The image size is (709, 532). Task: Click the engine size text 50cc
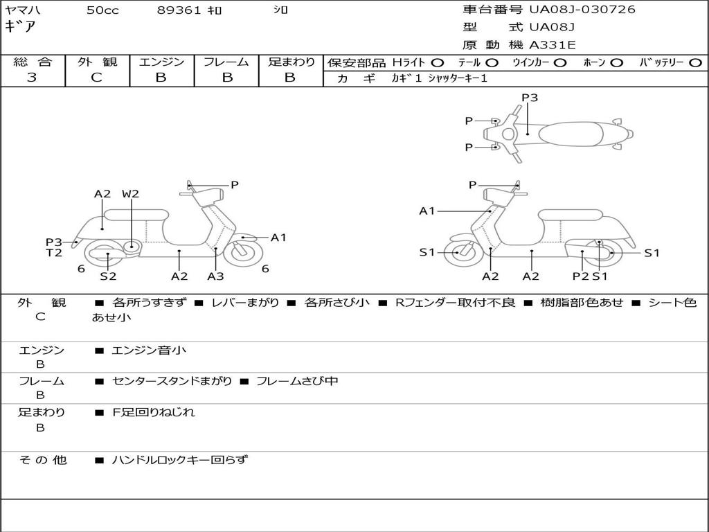pyautogui.click(x=102, y=10)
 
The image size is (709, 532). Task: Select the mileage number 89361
pyautogui.click(x=180, y=10)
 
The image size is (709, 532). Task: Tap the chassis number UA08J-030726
pyautogui.click(x=582, y=9)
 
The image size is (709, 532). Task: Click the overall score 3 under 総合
pyautogui.click(x=32, y=78)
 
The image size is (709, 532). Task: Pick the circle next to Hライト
pyautogui.click(x=437, y=62)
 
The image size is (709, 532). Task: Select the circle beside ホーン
pyautogui.click(x=616, y=62)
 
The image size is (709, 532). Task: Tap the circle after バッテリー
pyautogui.click(x=695, y=62)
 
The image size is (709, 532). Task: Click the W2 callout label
pyautogui.click(x=130, y=194)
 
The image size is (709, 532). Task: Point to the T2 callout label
pyautogui.click(x=54, y=253)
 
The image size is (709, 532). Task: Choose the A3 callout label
pyautogui.click(x=215, y=276)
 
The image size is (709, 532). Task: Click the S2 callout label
pyautogui.click(x=108, y=276)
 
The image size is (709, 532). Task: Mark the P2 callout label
pyautogui.click(x=580, y=276)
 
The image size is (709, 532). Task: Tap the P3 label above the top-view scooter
pyautogui.click(x=530, y=98)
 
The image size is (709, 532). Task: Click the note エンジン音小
pyautogui.click(x=149, y=351)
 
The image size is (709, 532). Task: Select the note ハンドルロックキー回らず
pyautogui.click(x=179, y=459)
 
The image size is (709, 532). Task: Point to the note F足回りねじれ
pyautogui.click(x=154, y=412)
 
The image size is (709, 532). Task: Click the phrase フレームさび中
pyautogui.click(x=297, y=381)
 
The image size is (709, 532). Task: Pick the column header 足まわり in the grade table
pyautogui.click(x=291, y=62)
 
